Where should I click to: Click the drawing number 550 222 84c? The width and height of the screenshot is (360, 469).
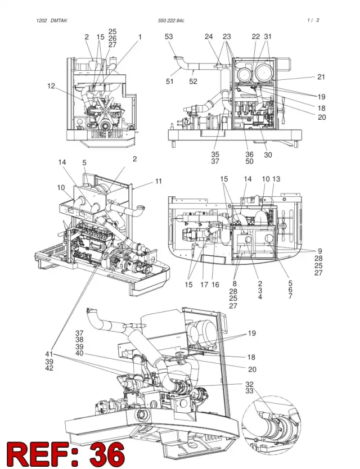coord(171,20)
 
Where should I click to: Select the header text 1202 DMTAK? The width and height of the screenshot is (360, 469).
coord(52,20)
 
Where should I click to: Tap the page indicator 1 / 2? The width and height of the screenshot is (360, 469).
coord(313,20)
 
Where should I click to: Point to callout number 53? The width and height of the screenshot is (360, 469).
coord(169,37)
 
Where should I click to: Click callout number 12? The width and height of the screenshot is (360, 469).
coord(51,86)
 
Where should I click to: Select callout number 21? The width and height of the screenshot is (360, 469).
coord(321,77)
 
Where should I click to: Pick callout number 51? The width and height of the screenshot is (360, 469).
coord(170,81)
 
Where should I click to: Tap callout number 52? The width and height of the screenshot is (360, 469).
coord(193,81)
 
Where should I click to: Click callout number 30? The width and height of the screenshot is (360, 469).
coord(268,155)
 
